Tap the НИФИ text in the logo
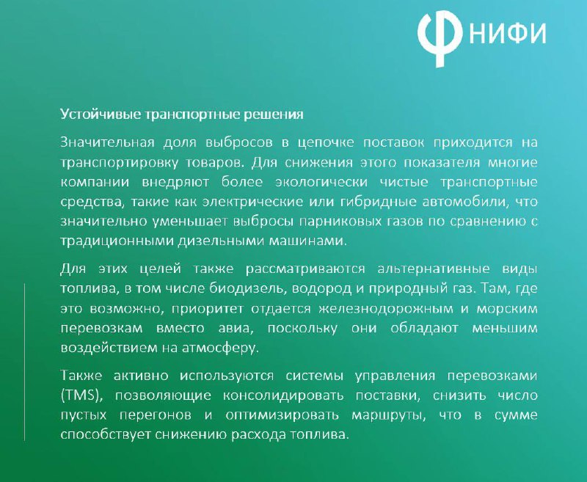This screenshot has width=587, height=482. tap(507, 33)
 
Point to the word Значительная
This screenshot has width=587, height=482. tap(107, 142)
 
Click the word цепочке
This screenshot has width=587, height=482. tap(326, 143)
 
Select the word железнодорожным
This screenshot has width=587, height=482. tap(386, 309)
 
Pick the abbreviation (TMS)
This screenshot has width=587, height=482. tap(81, 396)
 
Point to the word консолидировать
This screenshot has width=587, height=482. tap(283, 396)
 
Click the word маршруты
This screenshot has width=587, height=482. tap(389, 416)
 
